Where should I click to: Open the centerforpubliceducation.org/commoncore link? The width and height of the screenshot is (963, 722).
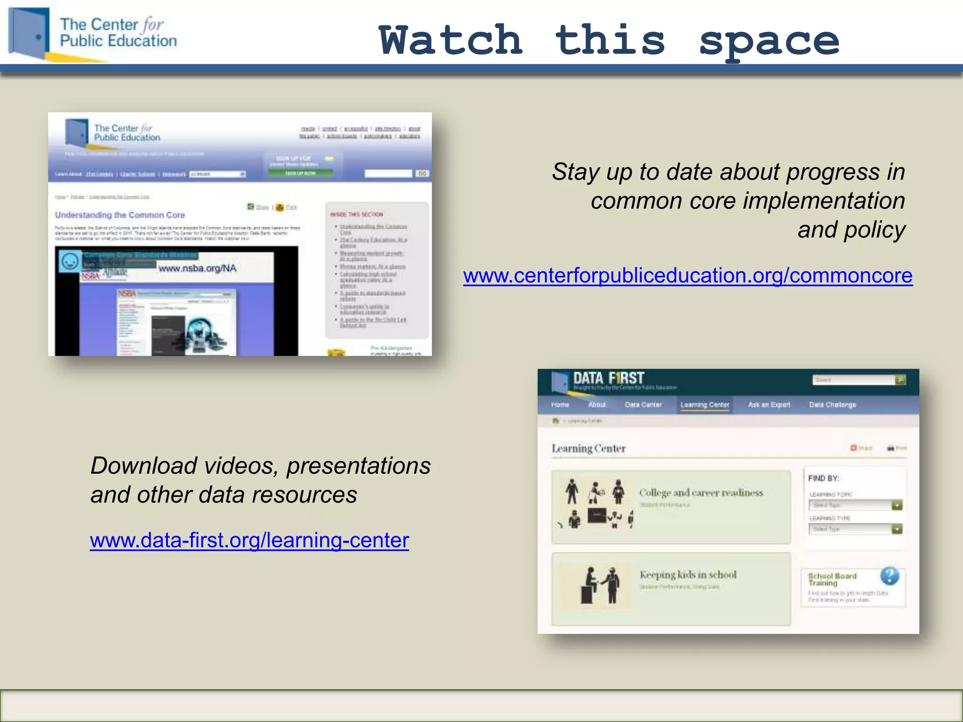687,275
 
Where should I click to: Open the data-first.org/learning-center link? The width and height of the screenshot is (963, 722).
249,541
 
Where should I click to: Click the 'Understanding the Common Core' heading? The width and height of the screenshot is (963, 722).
120,215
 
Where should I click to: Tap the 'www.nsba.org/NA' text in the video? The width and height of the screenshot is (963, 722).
197,268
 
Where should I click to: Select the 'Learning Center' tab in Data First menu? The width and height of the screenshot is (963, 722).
704,405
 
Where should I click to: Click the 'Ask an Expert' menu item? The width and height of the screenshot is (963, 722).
769,405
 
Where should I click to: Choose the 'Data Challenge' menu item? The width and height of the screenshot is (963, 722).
832,405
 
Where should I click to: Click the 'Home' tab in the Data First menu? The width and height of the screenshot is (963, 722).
560,405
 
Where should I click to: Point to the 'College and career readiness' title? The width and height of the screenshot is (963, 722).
701,493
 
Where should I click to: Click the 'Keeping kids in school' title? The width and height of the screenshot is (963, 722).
688,574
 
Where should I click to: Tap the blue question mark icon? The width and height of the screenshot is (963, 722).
890,576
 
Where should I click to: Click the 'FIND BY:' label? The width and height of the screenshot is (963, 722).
823,479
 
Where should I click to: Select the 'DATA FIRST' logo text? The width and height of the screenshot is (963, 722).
608,378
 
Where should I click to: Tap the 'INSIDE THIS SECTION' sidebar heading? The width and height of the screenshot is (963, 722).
356,214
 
